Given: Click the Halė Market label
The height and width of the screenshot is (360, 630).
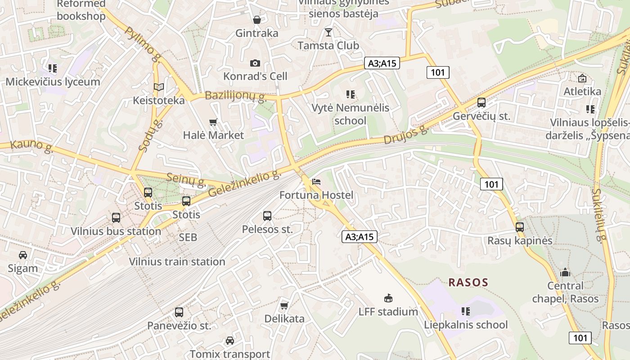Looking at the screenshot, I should pos(213,135).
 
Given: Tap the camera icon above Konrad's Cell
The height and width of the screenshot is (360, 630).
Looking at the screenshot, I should pos(255,63).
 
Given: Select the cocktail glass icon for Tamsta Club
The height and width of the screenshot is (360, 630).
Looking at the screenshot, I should pos(328,32).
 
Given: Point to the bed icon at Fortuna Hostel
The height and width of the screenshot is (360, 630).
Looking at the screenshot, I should pos(316,182).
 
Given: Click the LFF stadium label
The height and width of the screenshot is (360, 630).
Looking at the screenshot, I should pos(388,311).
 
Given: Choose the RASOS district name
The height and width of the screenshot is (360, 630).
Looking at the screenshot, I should pos(468,283).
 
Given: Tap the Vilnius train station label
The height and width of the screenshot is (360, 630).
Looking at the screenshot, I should pos(177,261).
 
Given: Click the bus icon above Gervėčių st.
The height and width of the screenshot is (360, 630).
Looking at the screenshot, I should pos(481,103).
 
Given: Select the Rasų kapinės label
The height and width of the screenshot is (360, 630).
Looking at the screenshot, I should pos(520,241).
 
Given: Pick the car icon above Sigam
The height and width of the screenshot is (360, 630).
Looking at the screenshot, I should pos(23,255).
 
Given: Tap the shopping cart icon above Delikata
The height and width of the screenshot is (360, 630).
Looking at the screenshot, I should pos(284,306).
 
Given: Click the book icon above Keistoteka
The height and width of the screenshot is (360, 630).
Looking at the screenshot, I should pos(158,87).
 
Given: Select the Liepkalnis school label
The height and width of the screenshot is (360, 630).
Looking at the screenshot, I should pos(466,324).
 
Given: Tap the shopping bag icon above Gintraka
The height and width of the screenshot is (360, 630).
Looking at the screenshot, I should pos(257,20).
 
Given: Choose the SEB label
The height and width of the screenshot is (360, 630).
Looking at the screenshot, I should pos(188,237).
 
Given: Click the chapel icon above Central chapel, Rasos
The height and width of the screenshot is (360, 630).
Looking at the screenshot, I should pos(565,272).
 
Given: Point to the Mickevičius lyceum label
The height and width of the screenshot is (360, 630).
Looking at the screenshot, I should pos(53,82).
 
